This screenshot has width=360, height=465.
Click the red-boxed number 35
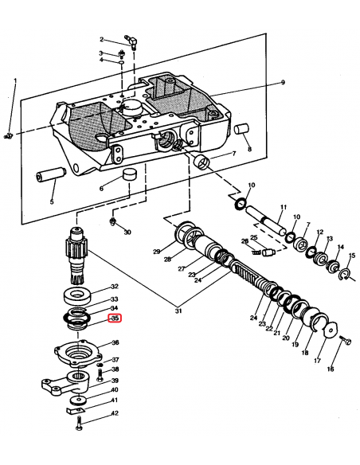click(115, 319)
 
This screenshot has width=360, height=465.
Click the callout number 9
click(282, 82)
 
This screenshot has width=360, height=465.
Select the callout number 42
click(115, 413)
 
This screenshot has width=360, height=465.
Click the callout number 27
click(182, 268)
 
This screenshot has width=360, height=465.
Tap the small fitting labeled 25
click(267, 252)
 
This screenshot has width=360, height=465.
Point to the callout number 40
click(115, 390)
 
